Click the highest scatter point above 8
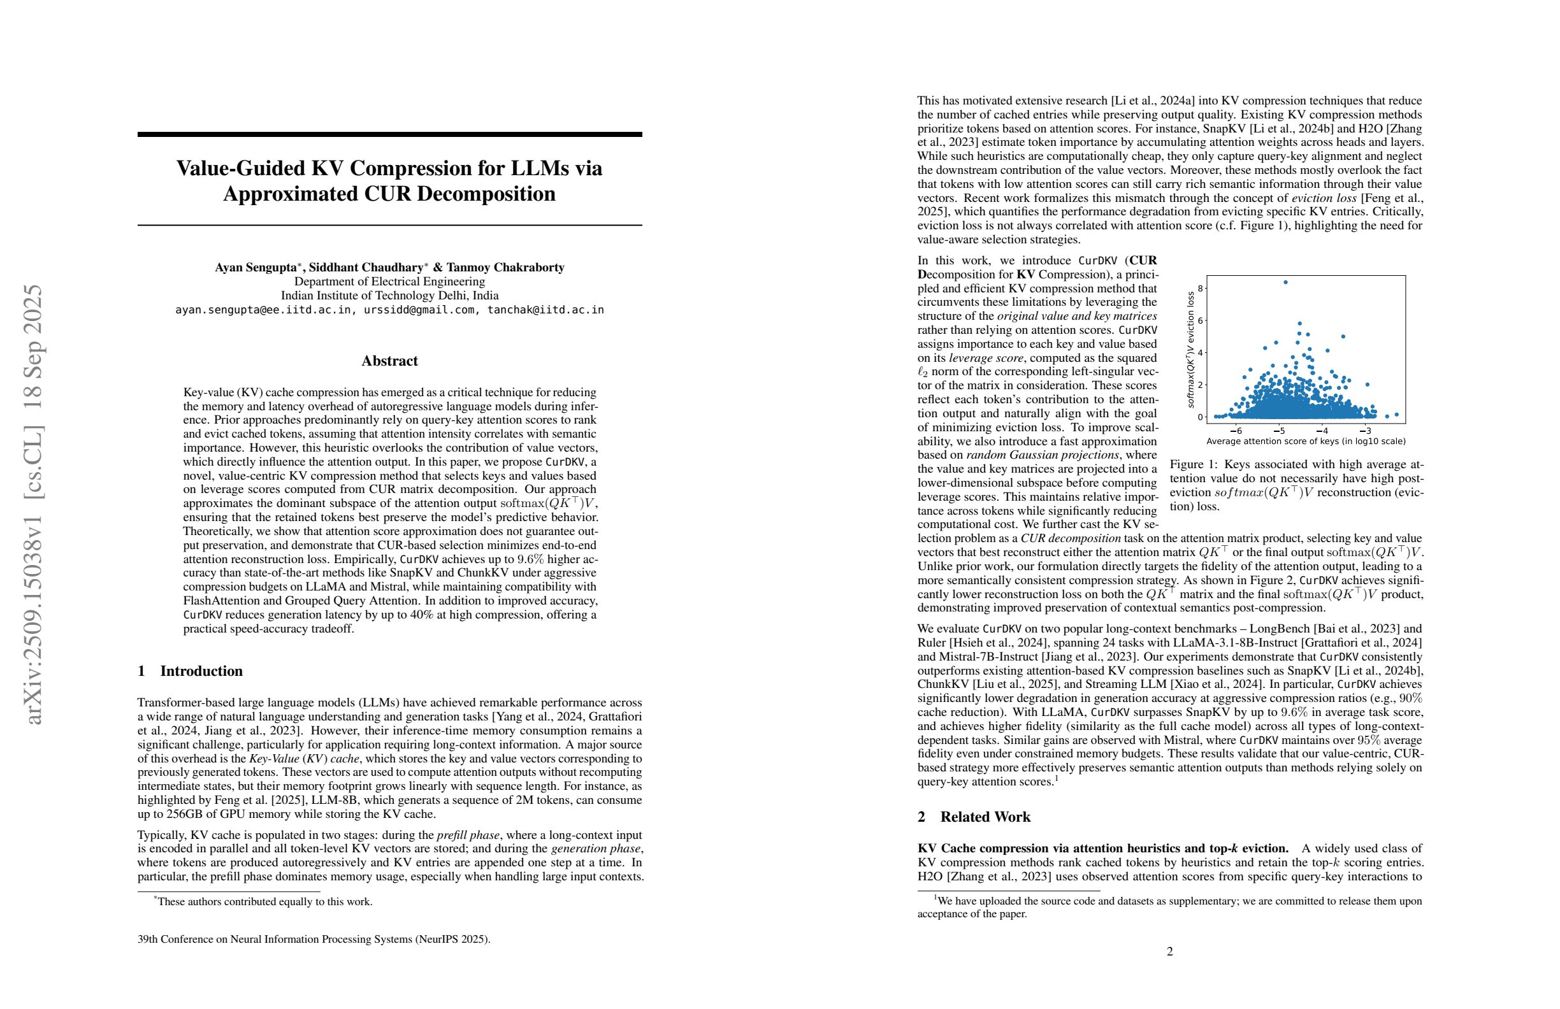pyautogui.click(x=1285, y=282)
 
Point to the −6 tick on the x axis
pyautogui.click(x=1236, y=431)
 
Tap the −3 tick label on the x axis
pyautogui.click(x=1366, y=431)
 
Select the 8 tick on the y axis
pyautogui.click(x=1199, y=288)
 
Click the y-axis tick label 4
pyautogui.click(x=1199, y=352)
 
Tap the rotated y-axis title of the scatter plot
pyautogui.click(x=1190, y=350)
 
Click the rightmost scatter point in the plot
pyautogui.click(x=1397, y=415)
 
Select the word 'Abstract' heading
pyautogui.click(x=389, y=361)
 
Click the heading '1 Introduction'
pyautogui.click(x=190, y=671)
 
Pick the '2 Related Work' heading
pyautogui.click(x=974, y=817)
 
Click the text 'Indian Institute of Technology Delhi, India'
pyautogui.click(x=389, y=296)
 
